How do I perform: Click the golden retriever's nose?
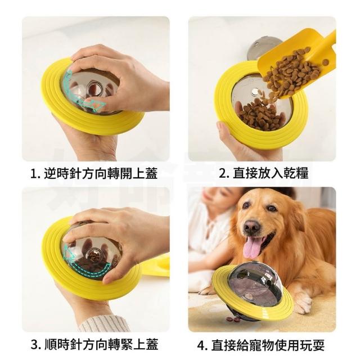(251, 226)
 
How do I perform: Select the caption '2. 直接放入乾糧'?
(263, 173)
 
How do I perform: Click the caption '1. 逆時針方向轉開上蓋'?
(94, 173)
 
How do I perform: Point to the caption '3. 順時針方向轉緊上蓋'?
(94, 344)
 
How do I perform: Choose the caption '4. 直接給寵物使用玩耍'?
(261, 344)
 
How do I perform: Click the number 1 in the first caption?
(34, 174)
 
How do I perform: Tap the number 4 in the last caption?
(201, 345)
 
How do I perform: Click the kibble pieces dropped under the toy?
(233, 318)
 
